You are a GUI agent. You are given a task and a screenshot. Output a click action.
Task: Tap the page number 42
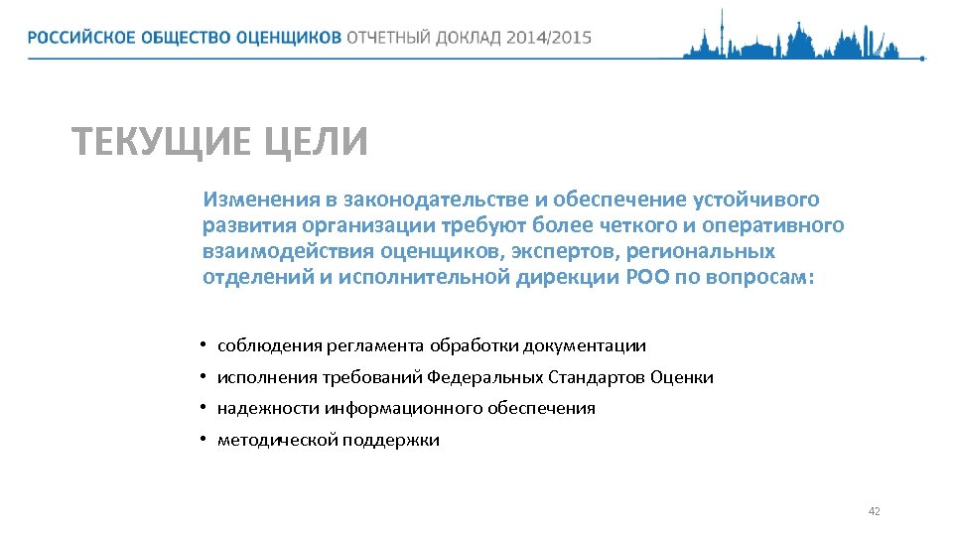tap(874, 511)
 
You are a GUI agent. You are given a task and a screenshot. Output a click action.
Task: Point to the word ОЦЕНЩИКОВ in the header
tap(289, 38)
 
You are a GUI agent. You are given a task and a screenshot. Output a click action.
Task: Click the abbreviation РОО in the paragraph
tap(647, 277)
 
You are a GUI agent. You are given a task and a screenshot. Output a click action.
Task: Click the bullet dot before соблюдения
tap(203, 345)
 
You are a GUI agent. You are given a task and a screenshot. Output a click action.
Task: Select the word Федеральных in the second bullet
tap(486, 377)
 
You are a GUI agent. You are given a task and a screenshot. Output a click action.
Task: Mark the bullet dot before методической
tap(203, 440)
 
